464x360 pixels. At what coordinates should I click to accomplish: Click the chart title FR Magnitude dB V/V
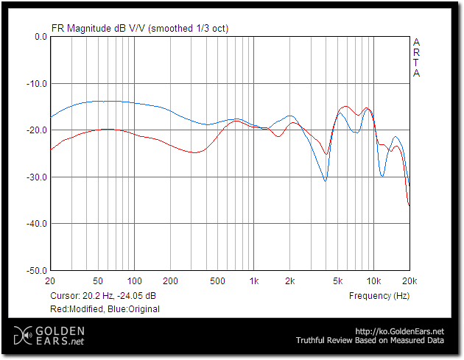[x=99, y=28]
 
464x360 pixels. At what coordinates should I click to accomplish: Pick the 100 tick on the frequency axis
[x=134, y=281]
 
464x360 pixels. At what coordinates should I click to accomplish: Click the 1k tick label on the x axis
[x=254, y=281]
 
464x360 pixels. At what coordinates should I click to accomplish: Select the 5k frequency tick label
[x=338, y=281]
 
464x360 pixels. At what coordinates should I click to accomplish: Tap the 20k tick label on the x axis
[x=409, y=281]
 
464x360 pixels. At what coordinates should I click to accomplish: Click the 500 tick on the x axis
[x=217, y=281]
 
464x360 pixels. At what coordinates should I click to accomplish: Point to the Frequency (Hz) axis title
[x=379, y=295]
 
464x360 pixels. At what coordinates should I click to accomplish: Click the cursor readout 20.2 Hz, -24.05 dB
[x=103, y=295]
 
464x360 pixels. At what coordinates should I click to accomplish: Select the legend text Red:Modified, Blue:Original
[x=105, y=308]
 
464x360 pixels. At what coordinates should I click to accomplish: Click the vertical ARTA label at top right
[x=416, y=57]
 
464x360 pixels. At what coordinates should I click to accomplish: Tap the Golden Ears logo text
[x=56, y=336]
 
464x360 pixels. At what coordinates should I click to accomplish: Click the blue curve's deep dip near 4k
[x=325, y=180]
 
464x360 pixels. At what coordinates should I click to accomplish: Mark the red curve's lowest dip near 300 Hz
[x=194, y=152]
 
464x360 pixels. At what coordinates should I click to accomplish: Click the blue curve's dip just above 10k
[x=382, y=175]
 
